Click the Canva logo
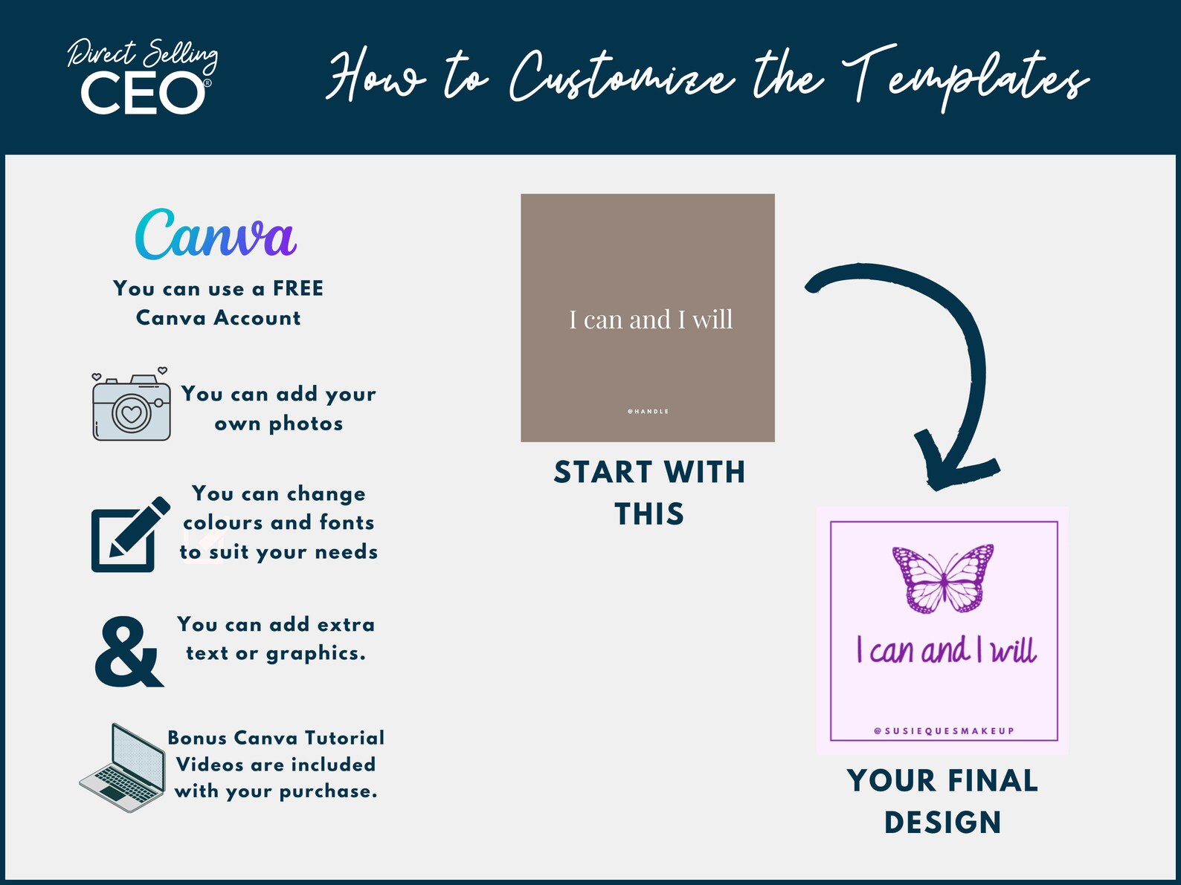216,235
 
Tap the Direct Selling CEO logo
143,78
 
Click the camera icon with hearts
131,406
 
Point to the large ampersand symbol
129,652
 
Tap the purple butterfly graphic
943,578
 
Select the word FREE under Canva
297,288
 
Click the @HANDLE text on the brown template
648,411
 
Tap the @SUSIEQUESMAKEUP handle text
944,730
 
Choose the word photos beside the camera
306,424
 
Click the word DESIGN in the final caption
942,823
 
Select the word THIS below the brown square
649,514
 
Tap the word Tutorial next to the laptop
344,738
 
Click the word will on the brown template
712,320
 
